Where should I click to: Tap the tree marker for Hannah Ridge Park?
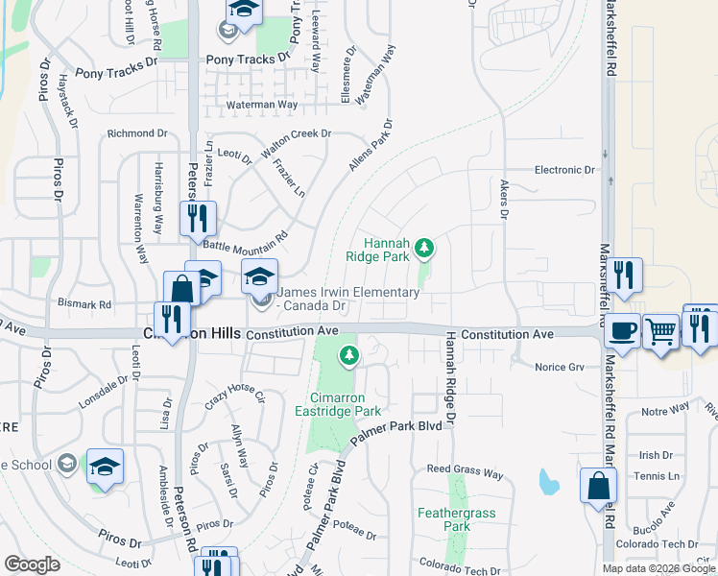click(424, 251)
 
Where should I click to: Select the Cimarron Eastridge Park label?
click(344, 404)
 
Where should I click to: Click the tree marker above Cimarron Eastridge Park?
click(349, 356)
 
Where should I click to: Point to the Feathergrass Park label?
click(457, 519)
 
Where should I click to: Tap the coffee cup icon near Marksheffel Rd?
click(622, 330)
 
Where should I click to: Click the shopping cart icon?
click(660, 332)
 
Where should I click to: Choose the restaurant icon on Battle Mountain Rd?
click(199, 218)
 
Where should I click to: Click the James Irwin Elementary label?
click(348, 293)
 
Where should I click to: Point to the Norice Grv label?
click(559, 367)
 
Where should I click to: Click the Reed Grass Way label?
click(465, 473)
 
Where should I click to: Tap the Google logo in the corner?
click(32, 564)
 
